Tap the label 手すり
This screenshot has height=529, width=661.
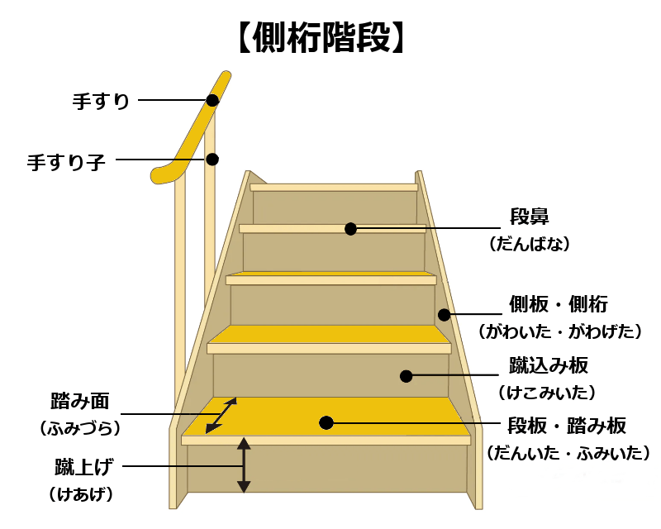click(x=101, y=102)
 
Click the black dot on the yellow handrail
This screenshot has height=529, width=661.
click(x=212, y=100)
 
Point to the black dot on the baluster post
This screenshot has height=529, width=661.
click(x=212, y=159)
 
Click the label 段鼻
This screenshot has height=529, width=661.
click(x=530, y=217)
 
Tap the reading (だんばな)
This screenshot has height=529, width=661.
click(x=530, y=245)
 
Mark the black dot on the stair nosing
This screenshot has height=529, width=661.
click(x=350, y=228)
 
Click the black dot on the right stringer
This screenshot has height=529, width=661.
click(x=444, y=314)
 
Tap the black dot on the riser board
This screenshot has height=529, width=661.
click(x=406, y=376)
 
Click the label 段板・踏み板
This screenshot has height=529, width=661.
click(x=566, y=426)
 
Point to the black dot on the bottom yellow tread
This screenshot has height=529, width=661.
click(x=326, y=422)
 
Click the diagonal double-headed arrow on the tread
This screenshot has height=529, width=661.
click(x=221, y=415)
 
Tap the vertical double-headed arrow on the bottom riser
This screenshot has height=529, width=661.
click(x=243, y=465)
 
